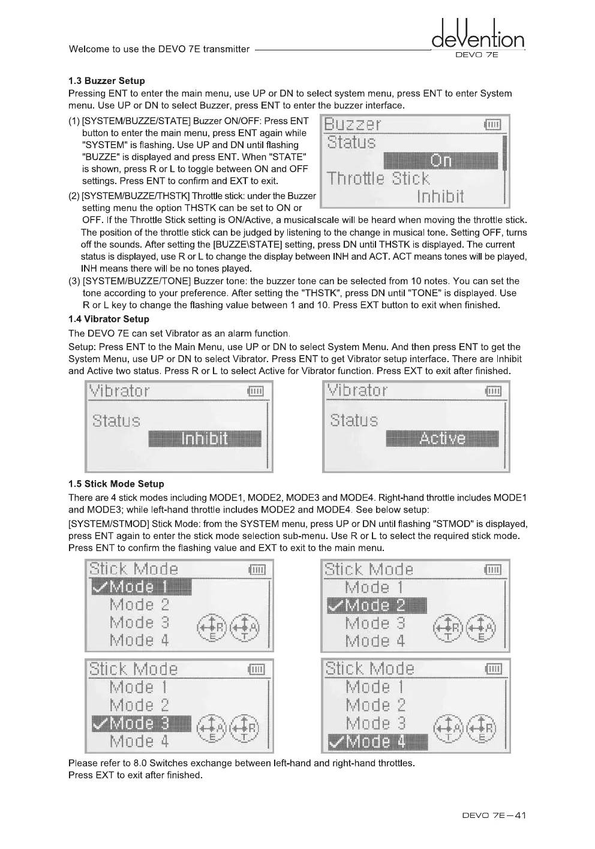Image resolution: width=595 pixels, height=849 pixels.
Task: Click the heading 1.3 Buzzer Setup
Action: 106,81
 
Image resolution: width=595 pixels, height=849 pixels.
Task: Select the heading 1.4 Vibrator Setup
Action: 109,319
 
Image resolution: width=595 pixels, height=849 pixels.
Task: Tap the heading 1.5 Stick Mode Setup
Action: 116,484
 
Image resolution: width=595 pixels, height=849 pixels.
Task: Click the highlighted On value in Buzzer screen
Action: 440,161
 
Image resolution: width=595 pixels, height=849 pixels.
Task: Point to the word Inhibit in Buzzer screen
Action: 440,196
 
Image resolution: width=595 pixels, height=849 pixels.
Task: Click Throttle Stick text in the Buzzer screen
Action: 378,179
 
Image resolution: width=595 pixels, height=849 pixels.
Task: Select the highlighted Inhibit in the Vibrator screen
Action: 205,439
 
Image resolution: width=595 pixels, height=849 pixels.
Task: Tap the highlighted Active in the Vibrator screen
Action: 442,439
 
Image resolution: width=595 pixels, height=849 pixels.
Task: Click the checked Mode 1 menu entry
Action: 141,587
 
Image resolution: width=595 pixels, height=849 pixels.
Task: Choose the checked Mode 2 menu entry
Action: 377,606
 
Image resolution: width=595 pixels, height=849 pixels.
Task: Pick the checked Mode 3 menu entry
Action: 141,724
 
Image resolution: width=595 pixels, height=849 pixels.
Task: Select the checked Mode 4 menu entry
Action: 377,742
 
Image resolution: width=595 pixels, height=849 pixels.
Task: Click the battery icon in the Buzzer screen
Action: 492,125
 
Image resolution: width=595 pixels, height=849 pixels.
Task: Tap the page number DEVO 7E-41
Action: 494,815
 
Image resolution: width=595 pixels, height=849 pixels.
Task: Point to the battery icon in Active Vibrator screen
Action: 493,392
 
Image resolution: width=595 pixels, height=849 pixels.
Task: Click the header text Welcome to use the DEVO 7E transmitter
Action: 159,49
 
